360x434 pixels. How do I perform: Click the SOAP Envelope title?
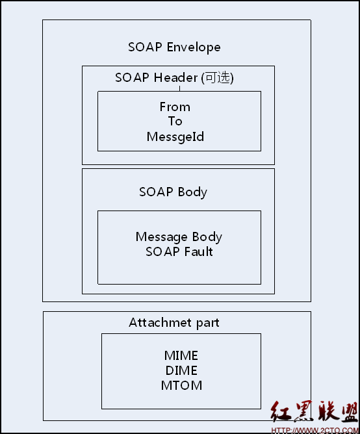point(174,47)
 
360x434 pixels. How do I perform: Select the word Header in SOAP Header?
point(176,77)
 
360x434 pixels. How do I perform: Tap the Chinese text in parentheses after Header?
point(218,77)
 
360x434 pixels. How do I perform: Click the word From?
point(175,107)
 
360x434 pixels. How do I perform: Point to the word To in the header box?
point(175,121)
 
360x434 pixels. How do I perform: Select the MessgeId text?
point(175,136)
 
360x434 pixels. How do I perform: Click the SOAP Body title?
point(173,192)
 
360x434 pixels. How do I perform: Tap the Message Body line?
point(179,237)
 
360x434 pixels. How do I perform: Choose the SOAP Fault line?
point(179,251)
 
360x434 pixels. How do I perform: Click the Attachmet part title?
point(174,323)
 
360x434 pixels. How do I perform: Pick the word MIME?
point(181,355)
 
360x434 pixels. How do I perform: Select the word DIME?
point(181,370)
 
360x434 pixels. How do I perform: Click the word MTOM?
point(181,385)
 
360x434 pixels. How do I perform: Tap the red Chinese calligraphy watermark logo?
point(315,411)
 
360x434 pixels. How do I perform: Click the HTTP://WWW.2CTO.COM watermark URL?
point(315,431)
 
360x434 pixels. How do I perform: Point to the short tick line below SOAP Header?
point(180,88)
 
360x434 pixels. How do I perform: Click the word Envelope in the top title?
point(194,47)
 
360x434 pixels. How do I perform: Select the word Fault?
point(199,251)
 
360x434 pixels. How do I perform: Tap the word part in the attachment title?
point(208,324)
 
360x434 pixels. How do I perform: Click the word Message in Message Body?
point(161,238)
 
